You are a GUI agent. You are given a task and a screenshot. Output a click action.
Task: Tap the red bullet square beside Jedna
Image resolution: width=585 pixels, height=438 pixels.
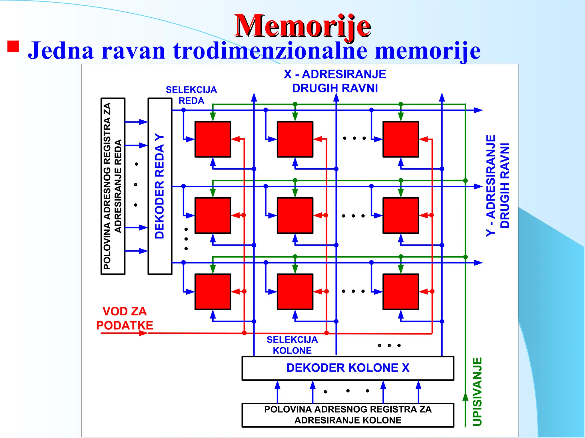tap(13, 46)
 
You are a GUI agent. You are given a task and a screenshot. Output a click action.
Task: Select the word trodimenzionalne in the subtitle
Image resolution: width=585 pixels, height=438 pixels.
tap(270, 51)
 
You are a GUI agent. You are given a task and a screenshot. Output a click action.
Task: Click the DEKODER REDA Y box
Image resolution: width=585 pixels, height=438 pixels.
tap(160, 186)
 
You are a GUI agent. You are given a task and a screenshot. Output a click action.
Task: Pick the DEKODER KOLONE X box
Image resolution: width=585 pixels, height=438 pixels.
tap(348, 368)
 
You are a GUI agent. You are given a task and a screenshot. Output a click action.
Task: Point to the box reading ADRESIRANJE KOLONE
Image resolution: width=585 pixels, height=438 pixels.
tap(348, 415)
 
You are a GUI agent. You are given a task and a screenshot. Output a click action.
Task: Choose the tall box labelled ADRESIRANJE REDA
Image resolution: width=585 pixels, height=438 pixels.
tap(113, 186)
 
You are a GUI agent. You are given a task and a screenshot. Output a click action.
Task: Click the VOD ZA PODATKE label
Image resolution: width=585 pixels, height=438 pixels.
tap(125, 318)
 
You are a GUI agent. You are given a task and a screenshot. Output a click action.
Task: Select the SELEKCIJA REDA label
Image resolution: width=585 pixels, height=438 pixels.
tap(191, 95)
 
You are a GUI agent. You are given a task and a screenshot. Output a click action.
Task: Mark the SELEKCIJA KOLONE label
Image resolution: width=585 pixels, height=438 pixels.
tap(292, 345)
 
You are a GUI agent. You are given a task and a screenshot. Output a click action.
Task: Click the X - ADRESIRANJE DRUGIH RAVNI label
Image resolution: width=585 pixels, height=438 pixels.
tap(335, 81)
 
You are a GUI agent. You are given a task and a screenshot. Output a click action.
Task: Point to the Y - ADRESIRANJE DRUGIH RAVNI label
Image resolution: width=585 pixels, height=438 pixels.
tap(498, 186)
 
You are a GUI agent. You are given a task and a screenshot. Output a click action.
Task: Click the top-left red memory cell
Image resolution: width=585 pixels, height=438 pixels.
tap(213, 139)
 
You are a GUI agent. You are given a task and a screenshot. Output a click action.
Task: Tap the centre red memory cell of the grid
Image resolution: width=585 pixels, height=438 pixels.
tap(295, 215)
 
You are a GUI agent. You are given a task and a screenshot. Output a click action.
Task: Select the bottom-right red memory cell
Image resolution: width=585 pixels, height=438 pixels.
tap(400, 291)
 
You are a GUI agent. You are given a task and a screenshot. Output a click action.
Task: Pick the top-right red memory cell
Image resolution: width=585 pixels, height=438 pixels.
tap(400, 139)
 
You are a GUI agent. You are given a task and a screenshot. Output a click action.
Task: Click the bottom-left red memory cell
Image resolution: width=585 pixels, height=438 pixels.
tap(213, 291)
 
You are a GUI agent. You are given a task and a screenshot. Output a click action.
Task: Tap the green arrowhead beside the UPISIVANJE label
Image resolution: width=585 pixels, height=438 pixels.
tap(465, 396)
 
